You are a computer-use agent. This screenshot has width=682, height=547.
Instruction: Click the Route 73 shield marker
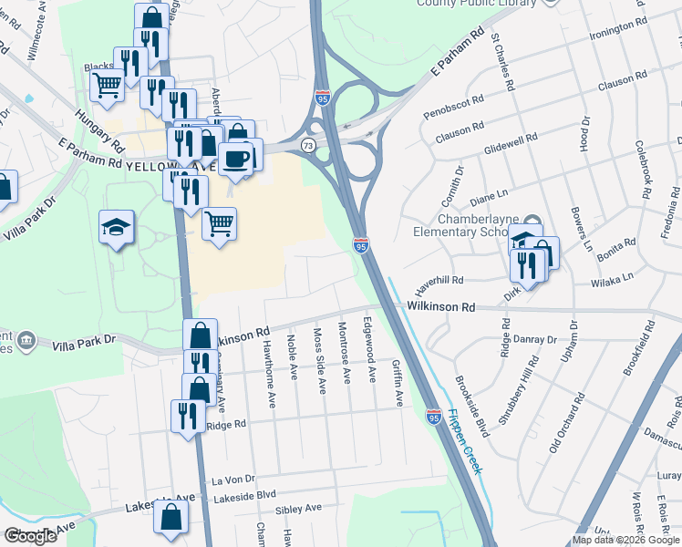[310, 146]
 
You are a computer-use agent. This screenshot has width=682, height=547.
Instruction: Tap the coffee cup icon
[236, 158]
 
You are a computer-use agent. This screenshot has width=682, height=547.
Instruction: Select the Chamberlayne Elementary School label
[471, 226]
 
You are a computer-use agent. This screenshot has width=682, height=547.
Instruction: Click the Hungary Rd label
[99, 129]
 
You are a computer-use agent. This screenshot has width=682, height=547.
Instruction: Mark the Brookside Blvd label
[471, 406]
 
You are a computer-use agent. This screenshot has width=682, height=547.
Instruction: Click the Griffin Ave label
[398, 382]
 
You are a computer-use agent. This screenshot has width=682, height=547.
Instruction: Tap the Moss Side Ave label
[319, 361]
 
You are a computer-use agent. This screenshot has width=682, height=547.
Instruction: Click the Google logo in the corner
[30, 536]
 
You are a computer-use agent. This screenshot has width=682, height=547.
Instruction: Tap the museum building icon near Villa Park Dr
[26, 341]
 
